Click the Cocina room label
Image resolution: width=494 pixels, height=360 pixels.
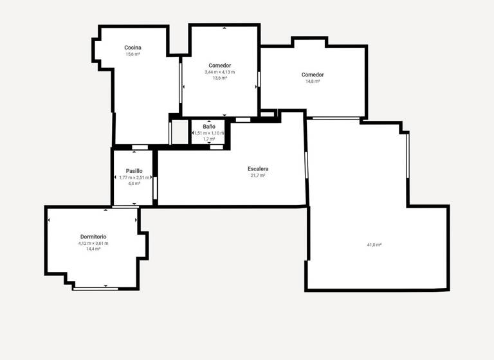coord(133,48)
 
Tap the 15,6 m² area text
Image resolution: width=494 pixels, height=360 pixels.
coord(133,55)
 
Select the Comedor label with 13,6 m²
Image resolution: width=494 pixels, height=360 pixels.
coord(220,65)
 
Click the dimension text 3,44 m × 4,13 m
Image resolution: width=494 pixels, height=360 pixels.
coord(220,72)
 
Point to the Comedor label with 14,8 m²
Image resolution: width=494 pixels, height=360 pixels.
coord(313,75)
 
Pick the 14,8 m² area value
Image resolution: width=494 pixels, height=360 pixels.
coord(313,82)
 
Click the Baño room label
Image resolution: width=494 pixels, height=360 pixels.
coord(209,127)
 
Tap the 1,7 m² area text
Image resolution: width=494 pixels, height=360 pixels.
coord(209,139)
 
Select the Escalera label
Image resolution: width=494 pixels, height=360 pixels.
coord(258,168)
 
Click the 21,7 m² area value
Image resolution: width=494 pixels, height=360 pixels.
coord(258,175)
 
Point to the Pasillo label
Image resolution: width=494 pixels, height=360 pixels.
coord(134,170)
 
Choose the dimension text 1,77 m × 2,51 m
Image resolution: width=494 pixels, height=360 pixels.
coord(134,177)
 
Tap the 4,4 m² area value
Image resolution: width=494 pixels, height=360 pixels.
coord(134,184)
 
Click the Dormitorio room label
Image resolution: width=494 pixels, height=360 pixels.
coord(93,237)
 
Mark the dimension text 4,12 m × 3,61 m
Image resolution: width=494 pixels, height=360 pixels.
coord(93,244)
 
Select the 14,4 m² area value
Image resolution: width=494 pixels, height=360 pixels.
coord(93,249)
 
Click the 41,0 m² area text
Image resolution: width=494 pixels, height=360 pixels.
coord(374,245)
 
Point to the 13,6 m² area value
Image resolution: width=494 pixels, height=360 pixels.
coord(220,78)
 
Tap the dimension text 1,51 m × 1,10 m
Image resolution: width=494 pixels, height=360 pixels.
coord(209,133)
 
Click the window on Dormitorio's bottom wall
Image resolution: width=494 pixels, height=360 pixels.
coord(95,289)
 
